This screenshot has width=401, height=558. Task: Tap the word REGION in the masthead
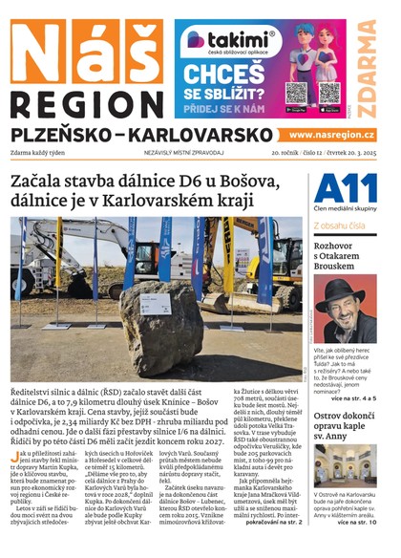click(86, 103)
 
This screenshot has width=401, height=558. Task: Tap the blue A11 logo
click(340, 188)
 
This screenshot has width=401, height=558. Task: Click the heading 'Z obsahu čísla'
click(340, 225)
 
